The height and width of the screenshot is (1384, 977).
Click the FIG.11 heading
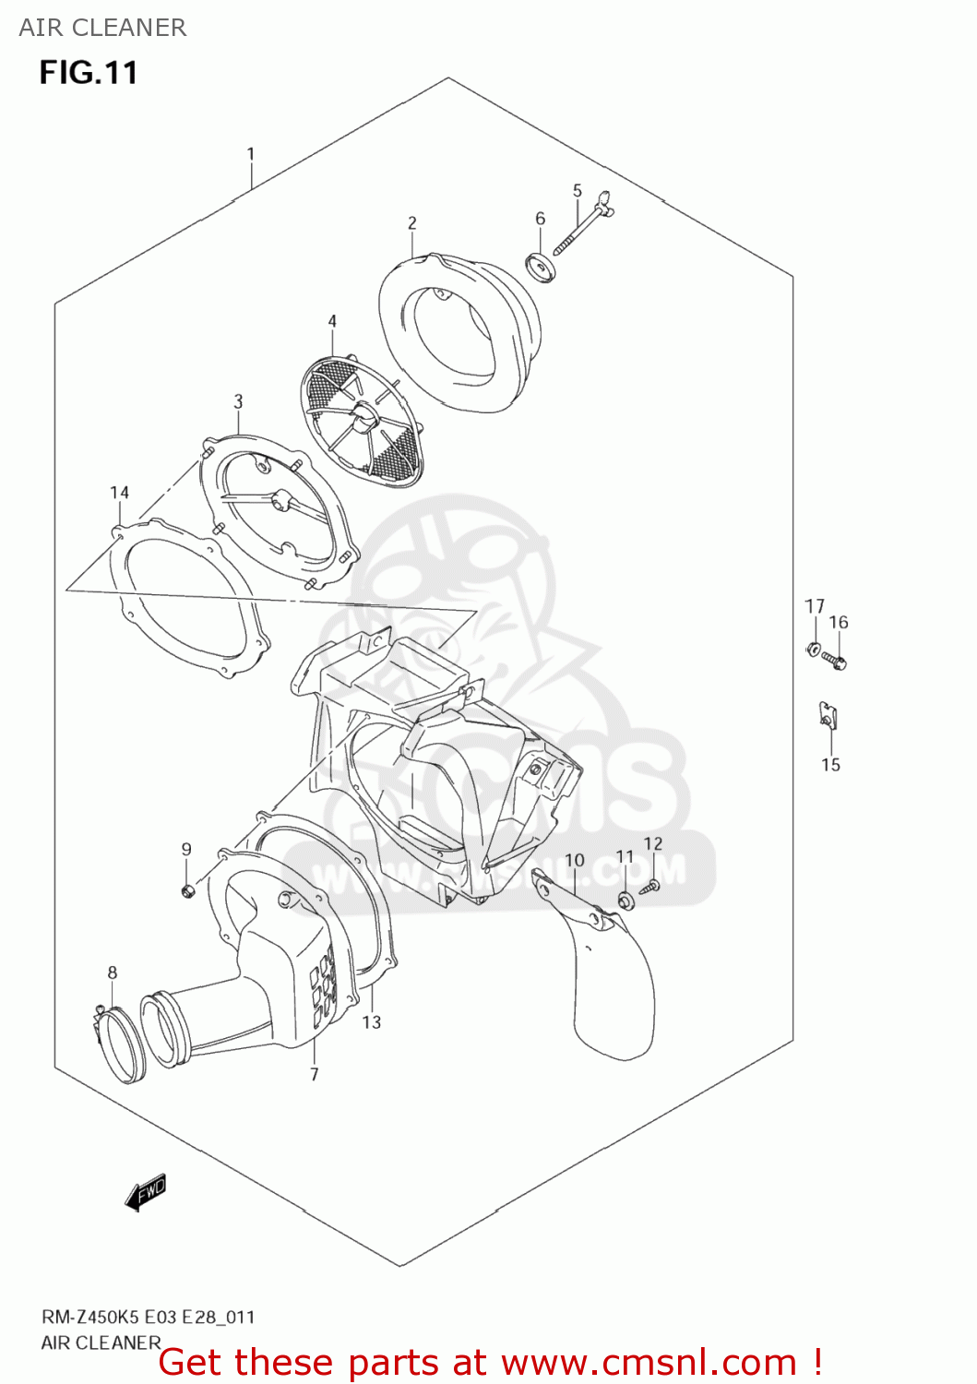click(89, 73)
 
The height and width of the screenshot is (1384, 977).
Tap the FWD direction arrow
click(147, 1192)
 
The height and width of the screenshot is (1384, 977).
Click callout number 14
click(119, 493)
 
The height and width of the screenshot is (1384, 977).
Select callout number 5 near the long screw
click(578, 191)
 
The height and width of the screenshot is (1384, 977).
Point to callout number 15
click(830, 765)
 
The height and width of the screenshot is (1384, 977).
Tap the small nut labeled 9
click(187, 890)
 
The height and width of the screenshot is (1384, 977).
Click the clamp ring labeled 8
click(120, 1043)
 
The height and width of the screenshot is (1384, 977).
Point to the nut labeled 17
click(813, 648)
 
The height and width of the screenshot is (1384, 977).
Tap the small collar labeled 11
click(626, 900)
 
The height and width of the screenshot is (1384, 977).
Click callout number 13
click(371, 1021)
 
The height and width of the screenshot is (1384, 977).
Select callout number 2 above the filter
click(411, 223)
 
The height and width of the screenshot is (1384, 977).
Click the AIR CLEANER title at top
click(102, 28)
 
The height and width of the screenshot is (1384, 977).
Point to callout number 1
click(250, 154)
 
